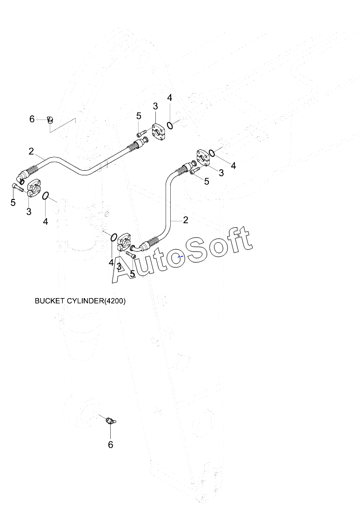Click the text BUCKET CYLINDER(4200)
click(x=80, y=301)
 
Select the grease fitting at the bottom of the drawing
click(x=111, y=421)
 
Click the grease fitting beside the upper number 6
click(x=50, y=120)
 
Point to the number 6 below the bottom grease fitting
click(x=110, y=445)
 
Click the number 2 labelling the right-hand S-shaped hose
click(x=186, y=220)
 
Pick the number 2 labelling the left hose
click(x=31, y=151)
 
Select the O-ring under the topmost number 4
click(x=170, y=125)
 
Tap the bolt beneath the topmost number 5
click(x=141, y=133)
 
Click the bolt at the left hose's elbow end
click(x=17, y=188)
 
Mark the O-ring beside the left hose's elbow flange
click(x=46, y=196)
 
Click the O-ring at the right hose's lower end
click(x=113, y=237)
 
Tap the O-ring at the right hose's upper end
click(x=212, y=153)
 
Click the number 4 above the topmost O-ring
click(x=170, y=97)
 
